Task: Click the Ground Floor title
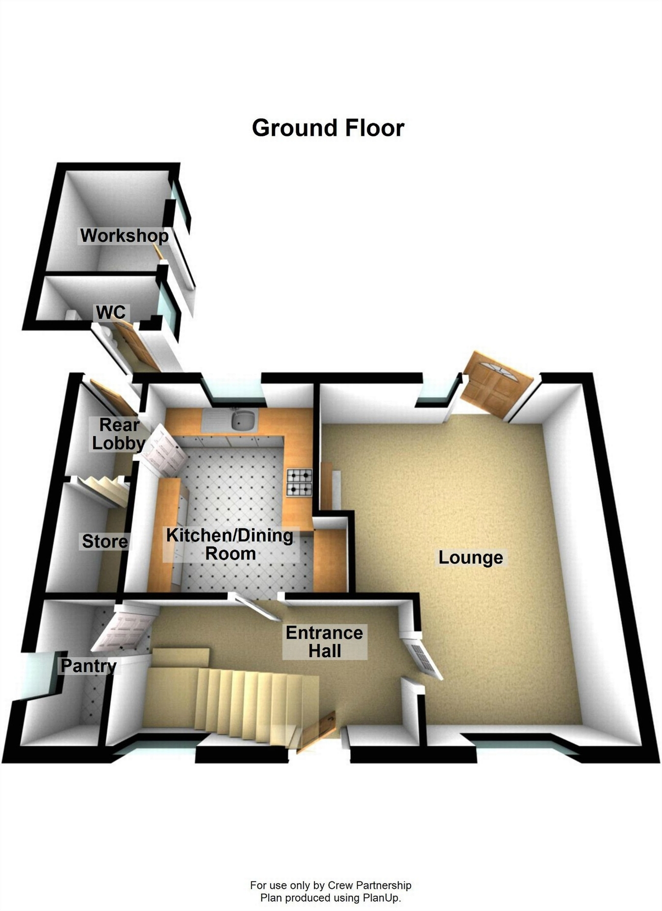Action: tap(328, 128)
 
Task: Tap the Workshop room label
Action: tap(125, 235)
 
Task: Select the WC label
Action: tap(110, 312)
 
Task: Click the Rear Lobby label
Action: tap(119, 434)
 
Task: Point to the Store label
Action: tap(105, 541)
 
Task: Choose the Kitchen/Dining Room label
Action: tap(230, 544)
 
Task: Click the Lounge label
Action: tap(470, 557)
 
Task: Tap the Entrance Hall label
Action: tap(324, 642)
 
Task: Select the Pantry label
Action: tap(88, 666)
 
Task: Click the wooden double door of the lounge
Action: tap(497, 384)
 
